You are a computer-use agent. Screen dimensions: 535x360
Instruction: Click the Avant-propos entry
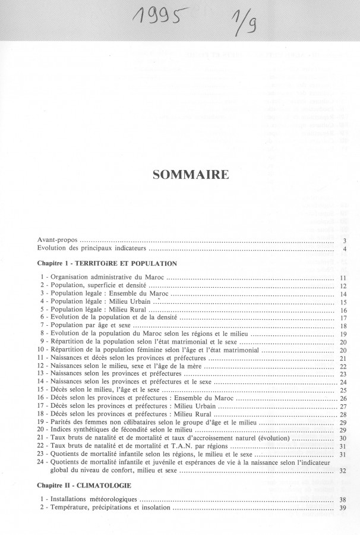pyautogui.click(x=58, y=240)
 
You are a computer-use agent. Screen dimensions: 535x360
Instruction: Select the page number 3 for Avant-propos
pyautogui.click(x=345, y=240)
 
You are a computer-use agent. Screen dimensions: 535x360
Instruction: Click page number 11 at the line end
pyautogui.click(x=343, y=278)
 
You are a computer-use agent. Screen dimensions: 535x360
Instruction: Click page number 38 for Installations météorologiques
pyautogui.click(x=343, y=500)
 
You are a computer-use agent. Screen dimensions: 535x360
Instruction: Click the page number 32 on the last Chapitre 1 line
pyautogui.click(x=343, y=471)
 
